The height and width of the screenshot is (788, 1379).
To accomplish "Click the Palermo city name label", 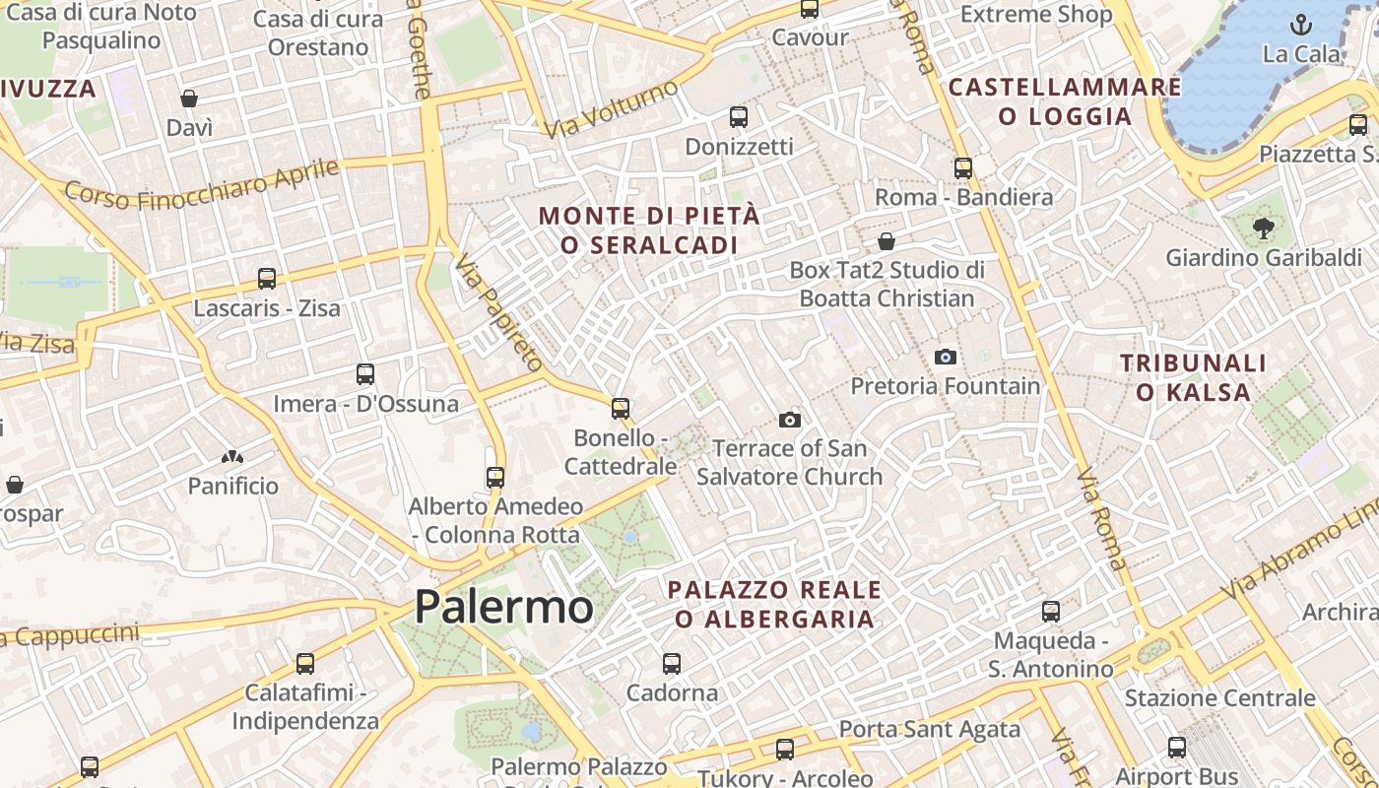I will [x=503, y=606].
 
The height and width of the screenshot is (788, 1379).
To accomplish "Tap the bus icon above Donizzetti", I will [x=739, y=117].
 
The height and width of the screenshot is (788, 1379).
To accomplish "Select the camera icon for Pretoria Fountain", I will [x=946, y=357].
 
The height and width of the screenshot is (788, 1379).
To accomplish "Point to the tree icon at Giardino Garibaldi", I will [x=1262, y=230].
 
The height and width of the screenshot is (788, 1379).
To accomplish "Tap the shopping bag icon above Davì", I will [x=189, y=98].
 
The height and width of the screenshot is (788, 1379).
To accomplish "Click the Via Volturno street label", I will [x=611, y=108].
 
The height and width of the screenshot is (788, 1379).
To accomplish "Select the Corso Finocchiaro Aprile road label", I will [x=202, y=184].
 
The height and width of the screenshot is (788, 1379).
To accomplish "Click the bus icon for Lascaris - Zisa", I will [x=266, y=279].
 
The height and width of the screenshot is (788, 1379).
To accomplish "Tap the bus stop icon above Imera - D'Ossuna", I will [x=365, y=374].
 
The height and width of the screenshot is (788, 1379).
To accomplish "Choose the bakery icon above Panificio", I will [x=232, y=457].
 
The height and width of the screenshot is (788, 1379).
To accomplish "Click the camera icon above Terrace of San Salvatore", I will [x=789, y=421].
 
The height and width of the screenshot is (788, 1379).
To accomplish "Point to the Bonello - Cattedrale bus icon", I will [x=620, y=408].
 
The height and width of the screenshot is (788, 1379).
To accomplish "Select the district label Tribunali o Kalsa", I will [x=1193, y=377].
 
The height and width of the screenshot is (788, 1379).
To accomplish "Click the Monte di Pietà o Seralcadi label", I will [x=649, y=230].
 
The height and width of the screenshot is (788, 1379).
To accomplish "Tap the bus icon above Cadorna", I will [x=672, y=664].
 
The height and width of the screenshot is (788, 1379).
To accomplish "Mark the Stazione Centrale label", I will [x=1219, y=698].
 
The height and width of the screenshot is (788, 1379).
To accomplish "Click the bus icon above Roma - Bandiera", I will [x=963, y=168].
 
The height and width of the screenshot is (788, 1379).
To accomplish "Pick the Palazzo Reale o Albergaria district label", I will [x=774, y=604].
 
